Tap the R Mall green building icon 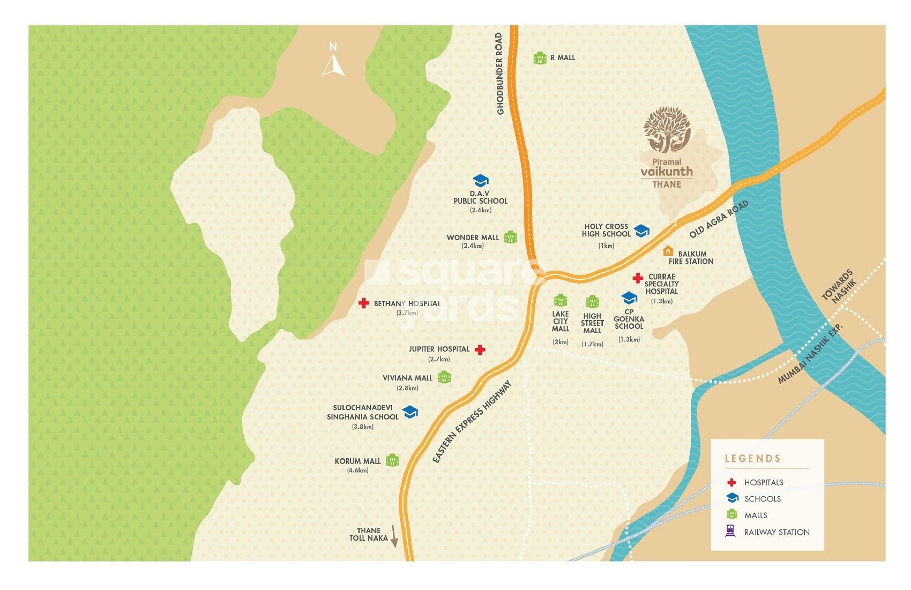(x=540, y=58)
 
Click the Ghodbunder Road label (x=499, y=73)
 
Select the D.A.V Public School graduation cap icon (x=481, y=181)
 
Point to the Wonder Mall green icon (x=511, y=237)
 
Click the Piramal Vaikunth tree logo (x=667, y=130)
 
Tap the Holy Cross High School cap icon (x=641, y=231)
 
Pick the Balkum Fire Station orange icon (x=668, y=251)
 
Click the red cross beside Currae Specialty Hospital (x=637, y=278)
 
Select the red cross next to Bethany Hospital (x=364, y=303)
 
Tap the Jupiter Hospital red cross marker (x=480, y=350)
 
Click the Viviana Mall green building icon (x=444, y=378)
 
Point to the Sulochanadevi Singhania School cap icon (x=410, y=412)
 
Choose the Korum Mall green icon (x=392, y=460)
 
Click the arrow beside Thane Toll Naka (x=394, y=536)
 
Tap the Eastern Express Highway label (x=472, y=422)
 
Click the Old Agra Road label (x=719, y=219)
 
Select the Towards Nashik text (x=839, y=286)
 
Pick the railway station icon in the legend (x=730, y=531)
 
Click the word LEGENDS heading (x=752, y=459)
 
